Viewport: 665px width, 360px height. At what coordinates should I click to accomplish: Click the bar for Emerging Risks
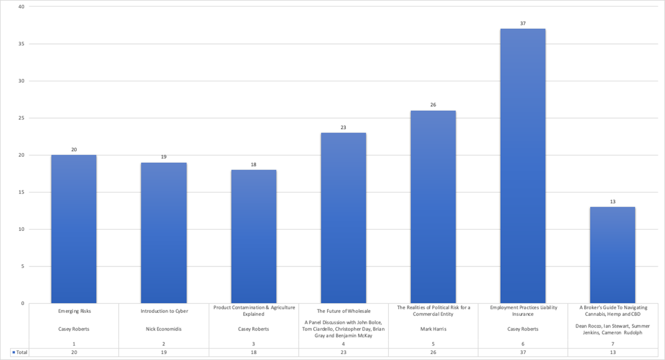click(x=74, y=229)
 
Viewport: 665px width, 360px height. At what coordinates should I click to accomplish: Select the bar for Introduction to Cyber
click(x=164, y=233)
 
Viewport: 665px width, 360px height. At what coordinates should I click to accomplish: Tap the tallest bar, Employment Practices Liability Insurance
click(x=523, y=166)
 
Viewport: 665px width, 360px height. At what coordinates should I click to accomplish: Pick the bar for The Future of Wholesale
click(x=343, y=218)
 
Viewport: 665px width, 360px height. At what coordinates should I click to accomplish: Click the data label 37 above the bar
click(x=523, y=24)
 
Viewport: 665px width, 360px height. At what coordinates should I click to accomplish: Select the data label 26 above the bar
click(x=433, y=105)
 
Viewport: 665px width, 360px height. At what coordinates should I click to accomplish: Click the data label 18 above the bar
click(x=253, y=164)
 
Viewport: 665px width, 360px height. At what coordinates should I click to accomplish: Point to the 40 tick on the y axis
click(x=21, y=7)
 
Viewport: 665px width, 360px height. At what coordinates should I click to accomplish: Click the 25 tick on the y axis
click(x=21, y=118)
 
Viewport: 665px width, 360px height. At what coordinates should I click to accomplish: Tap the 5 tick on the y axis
click(x=22, y=267)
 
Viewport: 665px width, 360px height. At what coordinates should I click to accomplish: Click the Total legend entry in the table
click(x=19, y=352)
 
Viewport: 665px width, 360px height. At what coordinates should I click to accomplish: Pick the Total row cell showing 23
click(x=343, y=352)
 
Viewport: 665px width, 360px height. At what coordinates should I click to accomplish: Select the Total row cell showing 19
click(x=164, y=352)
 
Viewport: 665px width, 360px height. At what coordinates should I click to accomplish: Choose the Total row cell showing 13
click(x=612, y=352)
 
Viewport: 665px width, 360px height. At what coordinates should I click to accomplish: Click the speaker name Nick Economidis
click(x=164, y=329)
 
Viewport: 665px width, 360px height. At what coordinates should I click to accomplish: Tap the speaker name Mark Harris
click(x=433, y=329)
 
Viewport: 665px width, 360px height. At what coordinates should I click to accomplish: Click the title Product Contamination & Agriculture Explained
click(x=253, y=311)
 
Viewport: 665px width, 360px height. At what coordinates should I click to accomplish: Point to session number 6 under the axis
click(x=523, y=344)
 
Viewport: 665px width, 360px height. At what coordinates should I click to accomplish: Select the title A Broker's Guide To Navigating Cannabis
click(x=612, y=311)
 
